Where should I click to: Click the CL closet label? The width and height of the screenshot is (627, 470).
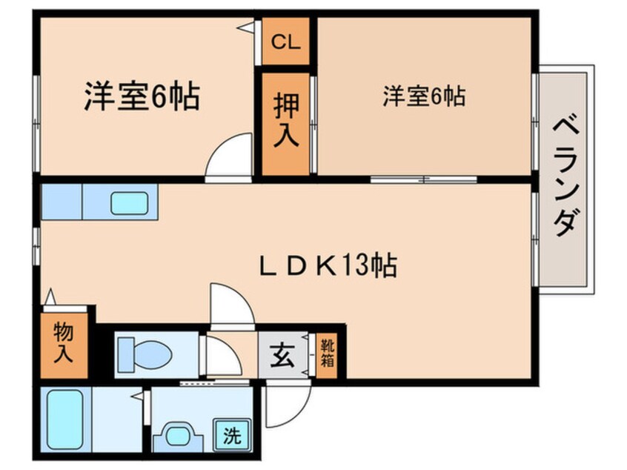point(285,42)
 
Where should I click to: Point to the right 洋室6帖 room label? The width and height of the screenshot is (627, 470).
point(424,96)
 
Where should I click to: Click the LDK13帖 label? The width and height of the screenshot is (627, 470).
point(328,265)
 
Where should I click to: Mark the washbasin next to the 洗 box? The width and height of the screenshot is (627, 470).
point(179,434)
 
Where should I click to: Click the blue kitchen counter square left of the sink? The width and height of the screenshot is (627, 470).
point(61,202)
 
